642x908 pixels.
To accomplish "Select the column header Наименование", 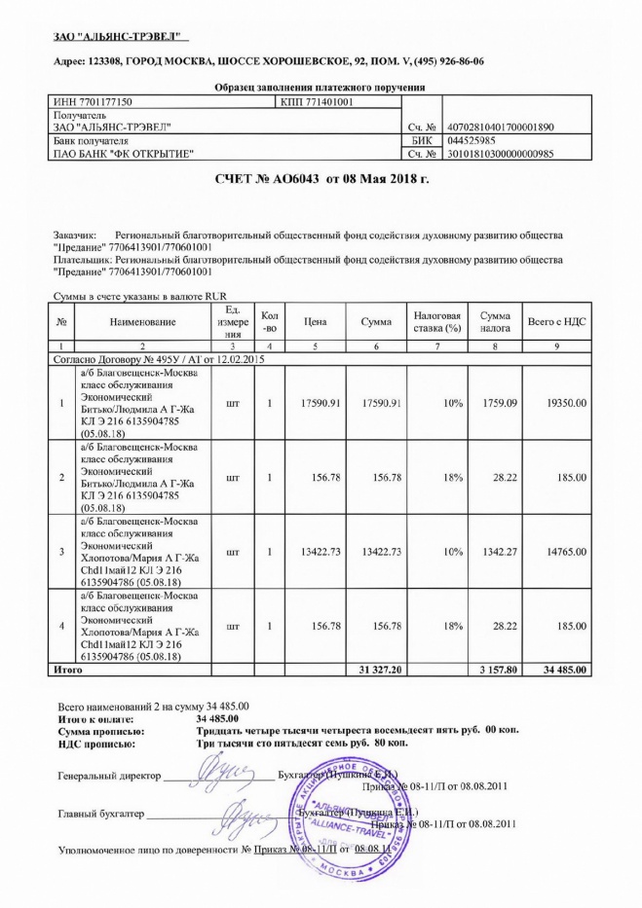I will point(142,321).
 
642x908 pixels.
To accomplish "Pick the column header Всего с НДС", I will point(556,321).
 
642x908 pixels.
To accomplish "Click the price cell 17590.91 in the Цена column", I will point(315,403).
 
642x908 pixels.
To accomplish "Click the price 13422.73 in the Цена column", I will point(315,551).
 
